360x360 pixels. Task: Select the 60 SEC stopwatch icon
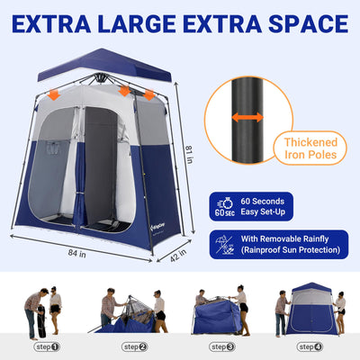click(225, 207)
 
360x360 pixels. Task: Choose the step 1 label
click(47, 346)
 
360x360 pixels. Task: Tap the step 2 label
click(135, 346)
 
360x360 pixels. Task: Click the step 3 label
click(222, 346)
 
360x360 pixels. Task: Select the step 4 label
click(310, 346)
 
